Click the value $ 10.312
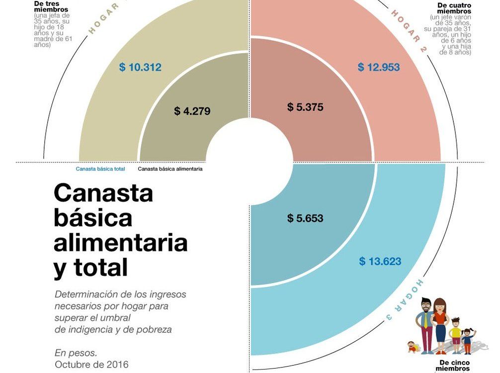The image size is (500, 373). pyautogui.click(x=140, y=67)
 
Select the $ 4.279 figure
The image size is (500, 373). pyautogui.click(x=192, y=111)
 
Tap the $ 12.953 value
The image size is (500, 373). pyautogui.click(x=379, y=67)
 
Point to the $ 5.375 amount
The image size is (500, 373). pyautogui.click(x=305, y=107)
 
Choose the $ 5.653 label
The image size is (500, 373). pyautogui.click(x=305, y=218)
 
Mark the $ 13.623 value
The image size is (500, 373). pyautogui.click(x=380, y=261)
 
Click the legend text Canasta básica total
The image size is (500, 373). pyautogui.click(x=100, y=169)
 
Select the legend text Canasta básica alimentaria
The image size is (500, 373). pyautogui.click(x=170, y=169)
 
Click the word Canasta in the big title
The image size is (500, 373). pyautogui.click(x=103, y=193)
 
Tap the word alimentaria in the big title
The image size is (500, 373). pyautogui.click(x=121, y=243)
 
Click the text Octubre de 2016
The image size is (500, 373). pyautogui.click(x=91, y=365)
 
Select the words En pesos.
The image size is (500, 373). pyautogui.click(x=76, y=353)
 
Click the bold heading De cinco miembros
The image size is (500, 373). pyautogui.click(x=455, y=366)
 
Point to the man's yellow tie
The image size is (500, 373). pyautogui.click(x=426, y=321)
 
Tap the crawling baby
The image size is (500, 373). pyautogui.click(x=412, y=346)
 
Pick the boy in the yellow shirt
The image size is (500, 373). pyautogui.click(x=455, y=334)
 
